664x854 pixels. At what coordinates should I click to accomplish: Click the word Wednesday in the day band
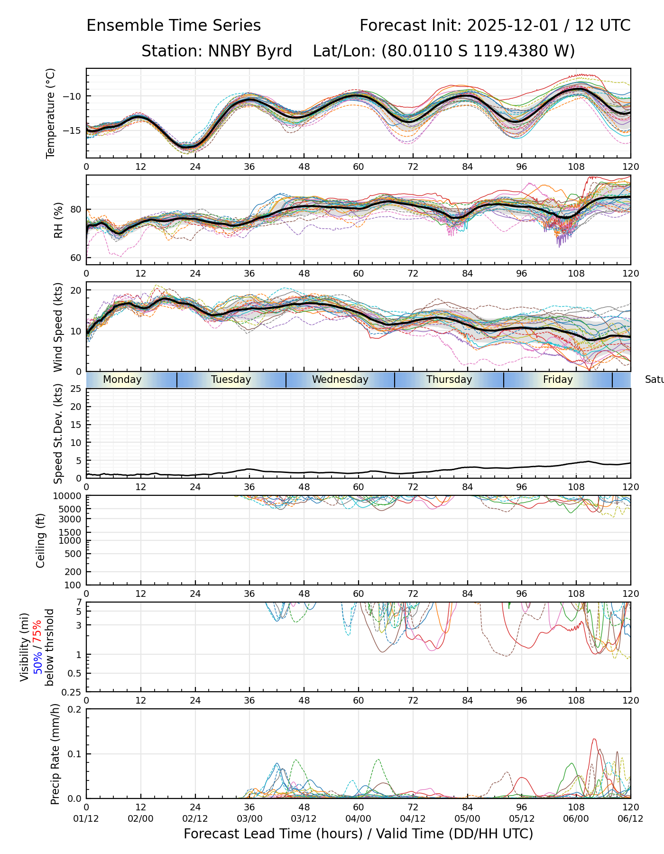coord(340,380)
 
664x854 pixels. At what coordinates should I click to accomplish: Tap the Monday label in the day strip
coord(122,380)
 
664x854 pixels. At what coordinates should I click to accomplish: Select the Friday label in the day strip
coord(558,380)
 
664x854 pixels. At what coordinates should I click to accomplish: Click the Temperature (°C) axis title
coord(51,113)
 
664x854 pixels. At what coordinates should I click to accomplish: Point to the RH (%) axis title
coord(58,220)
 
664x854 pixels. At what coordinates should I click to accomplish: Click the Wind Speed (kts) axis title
coord(58,327)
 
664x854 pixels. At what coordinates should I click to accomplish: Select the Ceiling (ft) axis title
coord(41,540)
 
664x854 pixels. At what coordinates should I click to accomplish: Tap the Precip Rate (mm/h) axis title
coord(55,754)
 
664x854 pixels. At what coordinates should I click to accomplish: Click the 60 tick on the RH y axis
coord(76,258)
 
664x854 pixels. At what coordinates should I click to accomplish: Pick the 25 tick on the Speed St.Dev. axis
coord(76,389)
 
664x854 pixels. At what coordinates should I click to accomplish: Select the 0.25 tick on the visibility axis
coord(73,692)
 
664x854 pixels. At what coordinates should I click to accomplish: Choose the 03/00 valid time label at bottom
coord(249,819)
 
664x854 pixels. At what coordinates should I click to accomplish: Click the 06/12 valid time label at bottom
coord(630,819)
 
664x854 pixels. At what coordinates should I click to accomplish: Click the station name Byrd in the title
coord(276,51)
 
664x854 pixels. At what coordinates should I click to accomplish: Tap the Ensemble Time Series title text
coord(174,26)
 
